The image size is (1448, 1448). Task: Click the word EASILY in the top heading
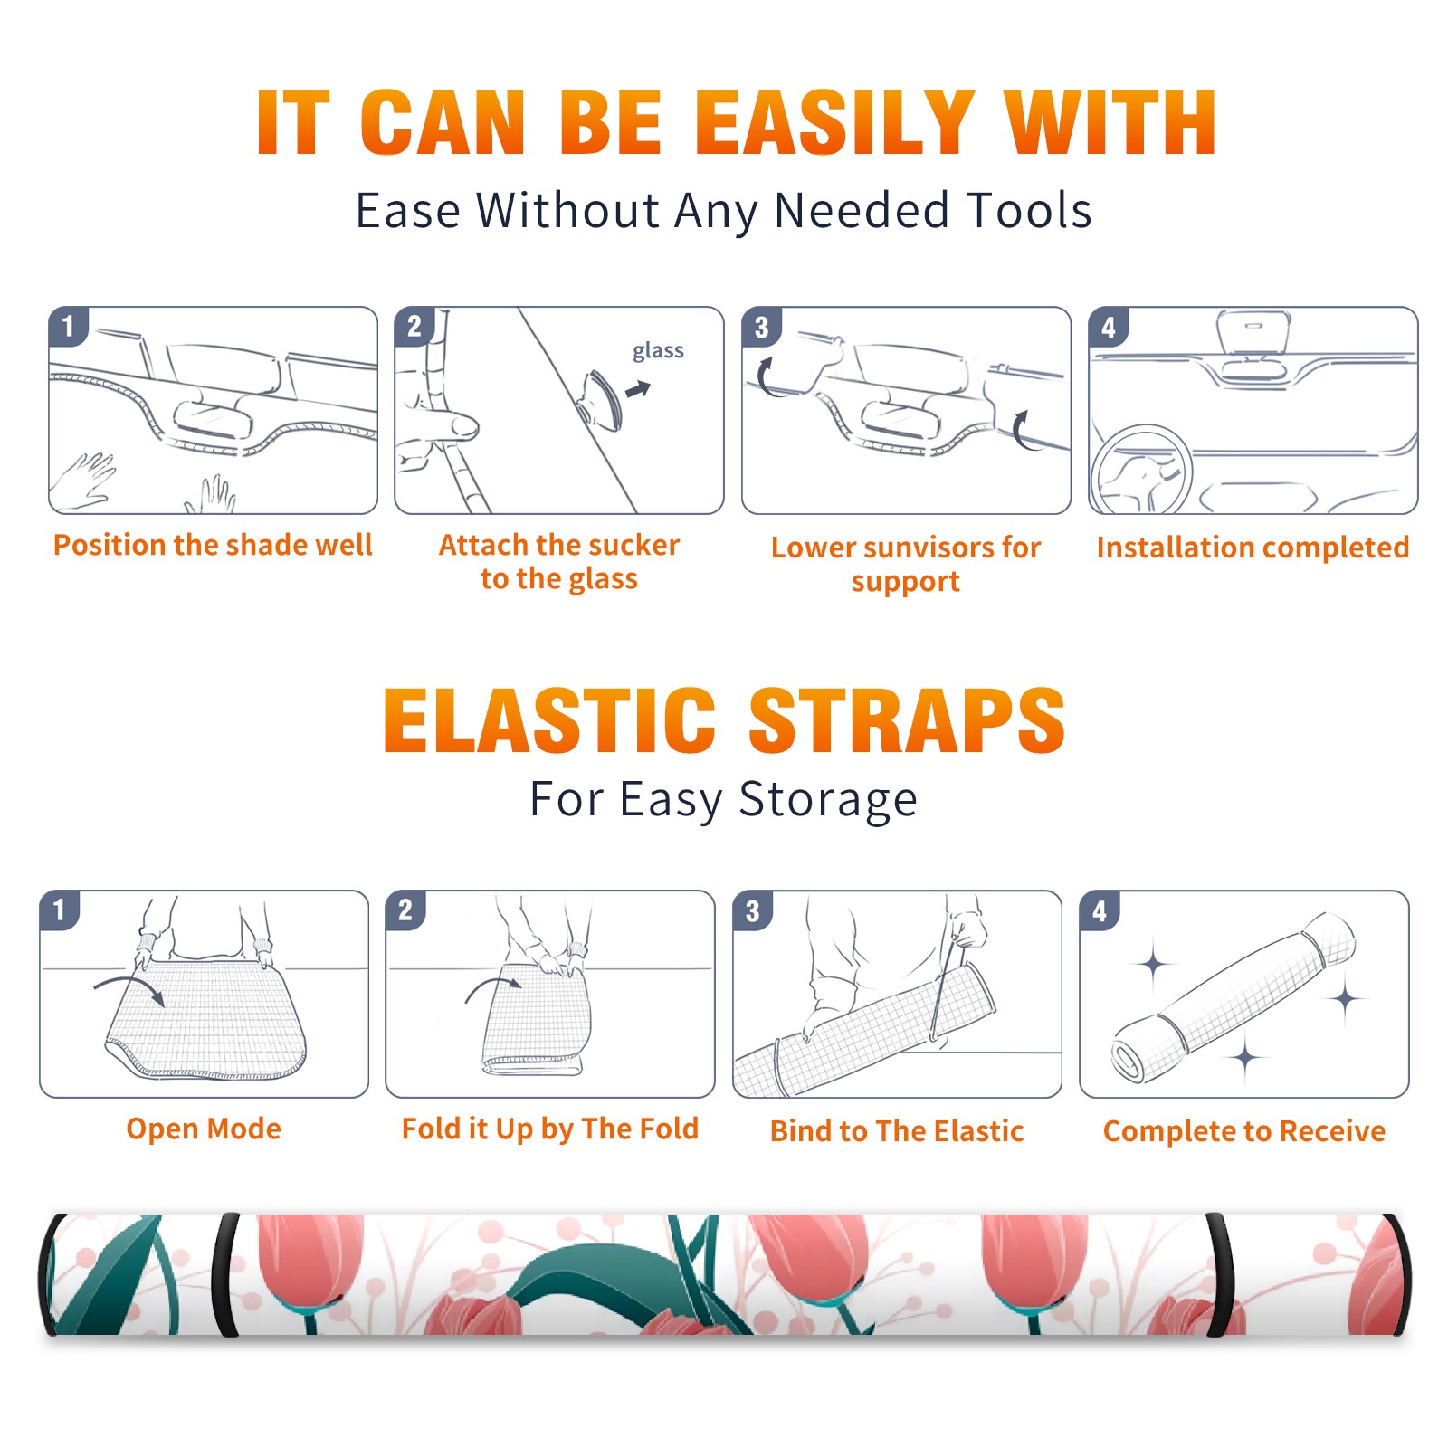click(x=835, y=123)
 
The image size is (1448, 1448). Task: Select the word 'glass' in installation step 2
click(x=658, y=351)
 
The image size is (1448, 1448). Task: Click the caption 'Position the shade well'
click(x=213, y=545)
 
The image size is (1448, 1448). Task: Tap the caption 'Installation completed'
click(x=1253, y=547)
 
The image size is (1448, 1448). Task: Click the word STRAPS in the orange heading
click(x=907, y=720)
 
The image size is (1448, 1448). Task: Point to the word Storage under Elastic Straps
click(x=828, y=800)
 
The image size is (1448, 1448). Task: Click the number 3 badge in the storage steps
click(x=753, y=910)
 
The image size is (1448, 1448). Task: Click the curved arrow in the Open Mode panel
click(x=129, y=987)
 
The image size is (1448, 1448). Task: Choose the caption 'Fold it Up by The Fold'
click(x=550, y=1129)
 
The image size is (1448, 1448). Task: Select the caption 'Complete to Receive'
click(x=1244, y=1130)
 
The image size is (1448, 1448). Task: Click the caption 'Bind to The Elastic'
click(x=897, y=1130)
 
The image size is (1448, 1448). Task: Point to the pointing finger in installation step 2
click(x=438, y=425)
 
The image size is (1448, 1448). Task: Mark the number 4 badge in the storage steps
click(x=1100, y=910)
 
